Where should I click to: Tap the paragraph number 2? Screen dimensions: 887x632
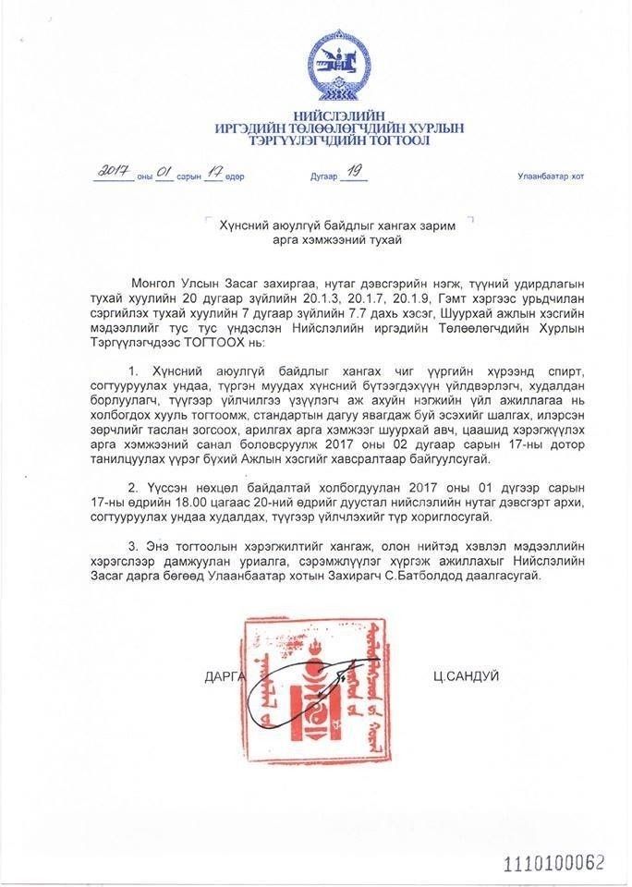pos(135,489)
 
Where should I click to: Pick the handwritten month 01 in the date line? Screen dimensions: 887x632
pos(164,172)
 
